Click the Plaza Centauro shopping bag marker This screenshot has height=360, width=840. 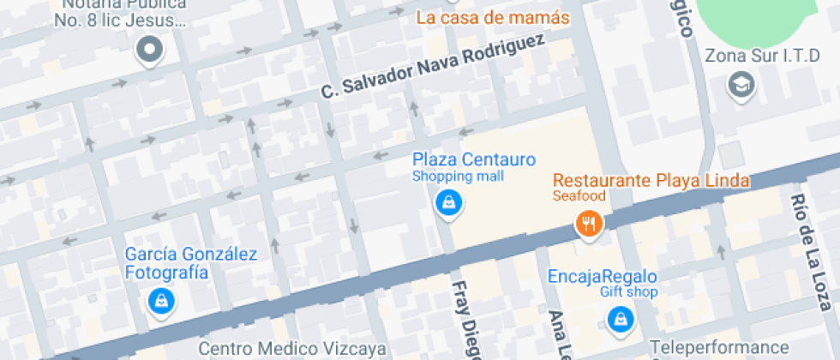pos(448,202)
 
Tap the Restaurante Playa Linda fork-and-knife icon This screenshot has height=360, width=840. pos(588,225)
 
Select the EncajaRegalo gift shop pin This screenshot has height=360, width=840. pos(618,319)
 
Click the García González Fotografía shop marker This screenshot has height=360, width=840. pos(160,300)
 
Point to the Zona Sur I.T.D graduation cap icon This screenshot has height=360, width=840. pos(738,84)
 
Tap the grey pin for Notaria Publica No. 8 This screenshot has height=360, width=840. pos(150,50)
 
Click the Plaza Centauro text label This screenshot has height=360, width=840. pos(474,159)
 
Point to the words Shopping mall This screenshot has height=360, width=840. pos(458,177)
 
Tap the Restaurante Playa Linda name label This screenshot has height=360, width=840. pos(651,181)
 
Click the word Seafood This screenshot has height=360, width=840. pos(579,196)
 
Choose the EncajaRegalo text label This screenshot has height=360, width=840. pos(602,276)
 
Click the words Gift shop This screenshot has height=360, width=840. pos(628,292)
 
